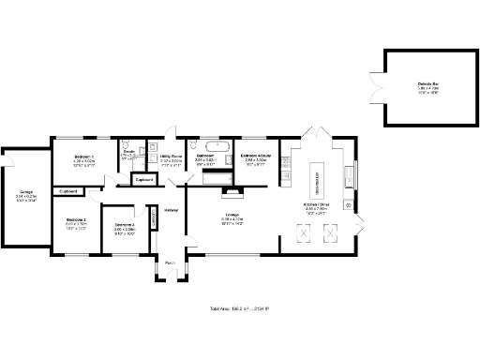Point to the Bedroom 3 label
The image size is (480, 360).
click(x=125, y=225)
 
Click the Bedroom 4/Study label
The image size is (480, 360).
click(x=256, y=156)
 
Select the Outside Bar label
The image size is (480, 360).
click(x=429, y=84)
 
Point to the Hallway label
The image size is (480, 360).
click(x=171, y=209)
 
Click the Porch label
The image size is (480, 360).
click(x=171, y=263)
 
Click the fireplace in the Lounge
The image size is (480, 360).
click(x=229, y=192)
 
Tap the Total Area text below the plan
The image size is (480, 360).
click(x=239, y=307)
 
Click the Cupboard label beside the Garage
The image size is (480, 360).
click(x=68, y=191)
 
